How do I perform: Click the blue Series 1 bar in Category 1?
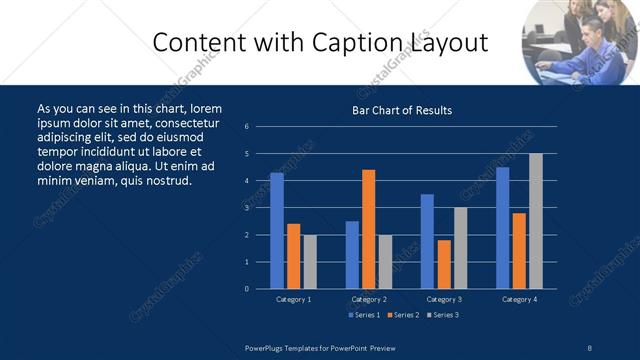pos(277,231)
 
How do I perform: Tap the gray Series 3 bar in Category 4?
pos(535,221)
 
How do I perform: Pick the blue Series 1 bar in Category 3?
pos(427,241)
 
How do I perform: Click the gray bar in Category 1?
pos(309,261)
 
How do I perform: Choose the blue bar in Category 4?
pos(502,228)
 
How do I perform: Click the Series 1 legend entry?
pos(364,315)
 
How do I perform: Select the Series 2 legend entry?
pos(402,315)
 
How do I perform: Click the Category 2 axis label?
pos(369,299)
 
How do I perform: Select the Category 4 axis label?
pos(519,299)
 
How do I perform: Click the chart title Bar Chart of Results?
pos(402,110)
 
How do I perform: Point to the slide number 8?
pos(590,346)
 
